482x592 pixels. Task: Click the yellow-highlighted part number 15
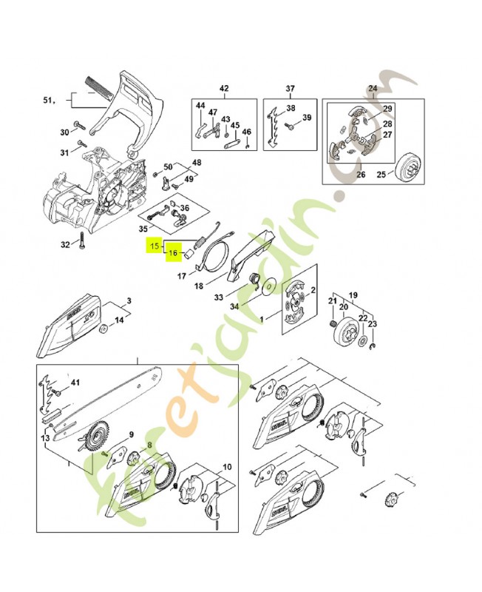click(155, 245)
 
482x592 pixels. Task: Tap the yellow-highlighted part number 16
click(172, 253)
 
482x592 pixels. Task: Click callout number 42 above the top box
click(224, 90)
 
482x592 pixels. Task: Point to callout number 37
click(291, 90)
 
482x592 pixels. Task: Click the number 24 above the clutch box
click(372, 90)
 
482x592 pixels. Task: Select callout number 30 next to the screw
click(64, 132)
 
